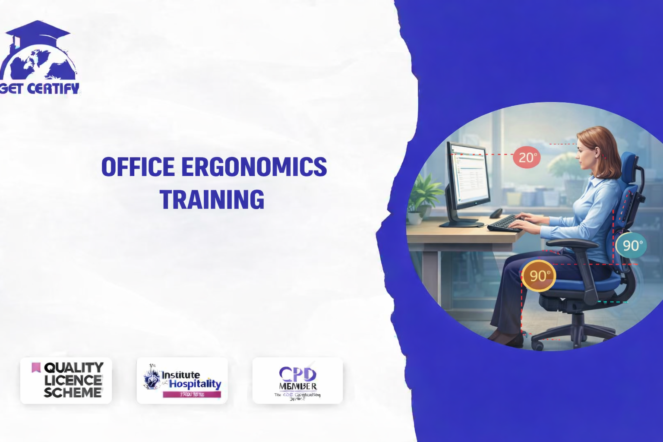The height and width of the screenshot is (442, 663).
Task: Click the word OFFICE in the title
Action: click(x=138, y=167)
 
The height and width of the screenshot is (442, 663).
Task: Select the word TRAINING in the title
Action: click(x=212, y=199)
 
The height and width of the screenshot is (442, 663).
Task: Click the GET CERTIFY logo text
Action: click(x=40, y=88)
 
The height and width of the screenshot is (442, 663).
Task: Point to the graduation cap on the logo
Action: click(x=38, y=32)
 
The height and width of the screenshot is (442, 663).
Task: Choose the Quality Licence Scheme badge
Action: click(x=66, y=380)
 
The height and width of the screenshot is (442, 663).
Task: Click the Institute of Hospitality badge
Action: click(x=182, y=380)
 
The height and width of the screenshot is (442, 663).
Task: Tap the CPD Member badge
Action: click(x=297, y=380)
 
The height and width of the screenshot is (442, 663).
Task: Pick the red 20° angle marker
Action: click(x=527, y=157)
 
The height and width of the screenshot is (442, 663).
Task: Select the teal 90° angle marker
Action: click(x=631, y=245)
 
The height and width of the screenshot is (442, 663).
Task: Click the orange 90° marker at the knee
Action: click(x=538, y=275)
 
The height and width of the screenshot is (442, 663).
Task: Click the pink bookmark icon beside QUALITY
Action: click(x=36, y=367)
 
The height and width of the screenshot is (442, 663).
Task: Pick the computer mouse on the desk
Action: click(x=496, y=213)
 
